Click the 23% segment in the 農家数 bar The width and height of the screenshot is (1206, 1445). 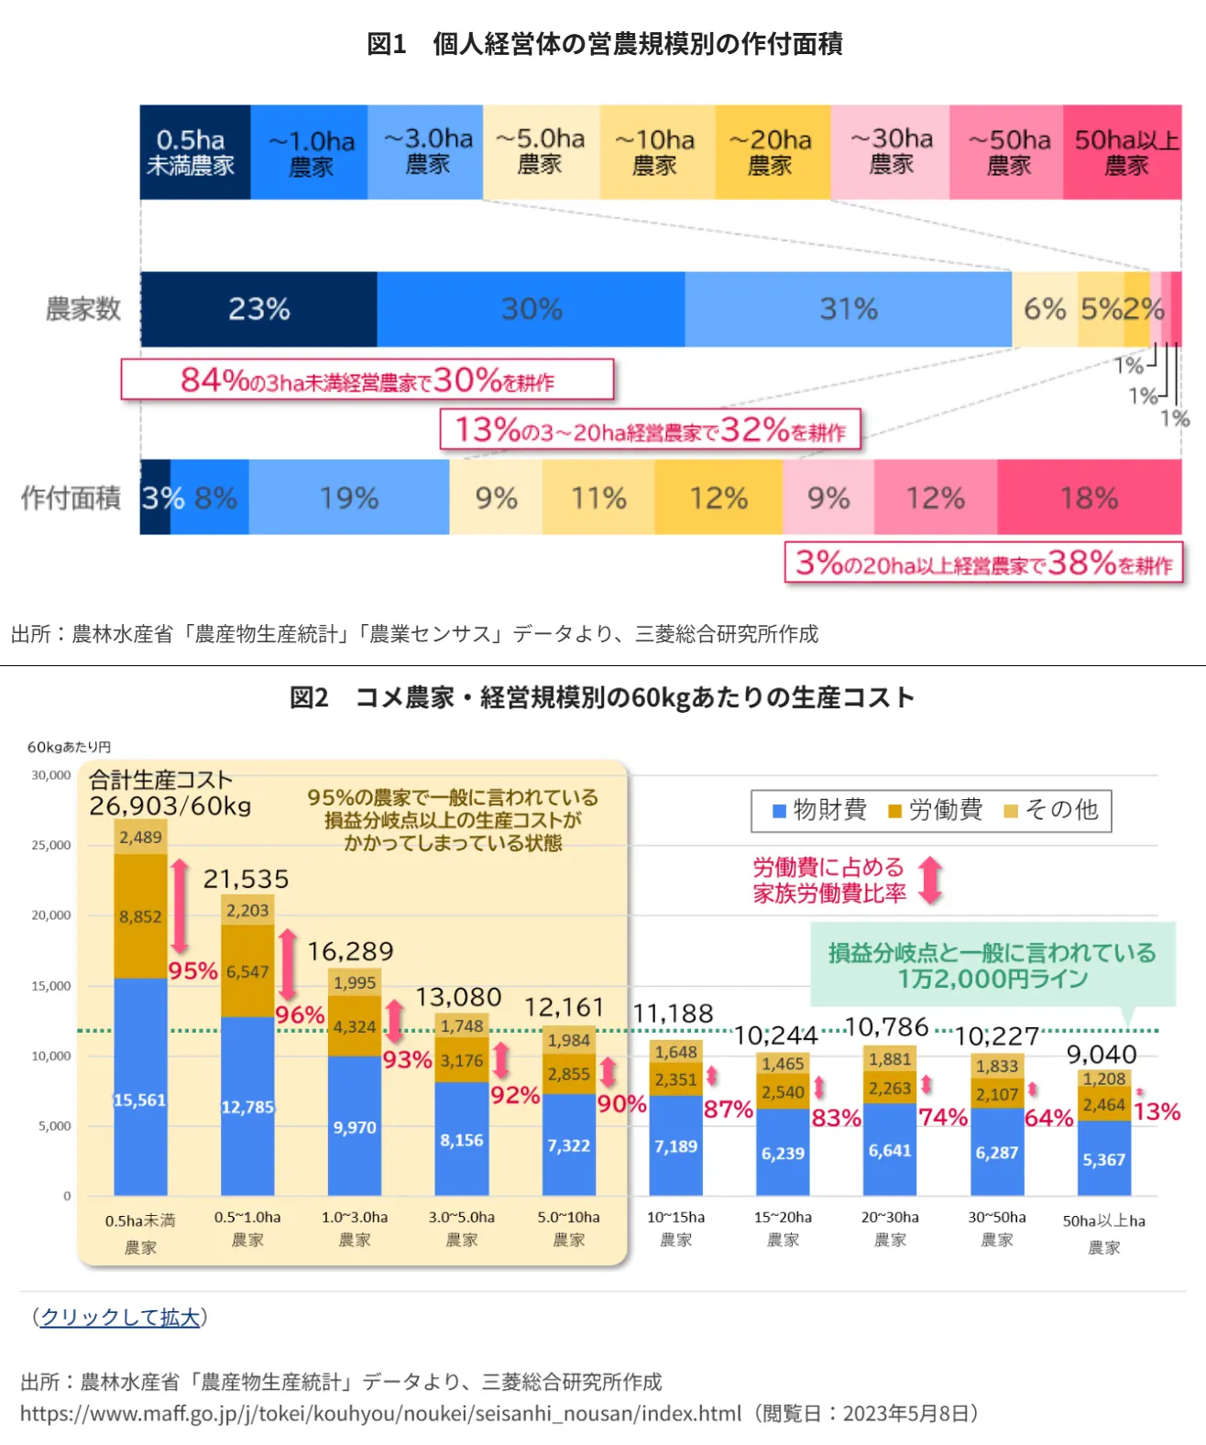(258, 310)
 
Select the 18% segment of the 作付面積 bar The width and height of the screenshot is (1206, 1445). (1089, 498)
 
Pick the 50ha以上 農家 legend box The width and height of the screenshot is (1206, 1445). (1124, 152)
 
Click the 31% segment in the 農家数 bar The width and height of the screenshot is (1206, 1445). (848, 310)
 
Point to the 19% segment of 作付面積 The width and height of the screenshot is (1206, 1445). (348, 498)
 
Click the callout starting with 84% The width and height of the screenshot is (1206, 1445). (367, 379)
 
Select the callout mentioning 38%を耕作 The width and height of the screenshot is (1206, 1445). (983, 563)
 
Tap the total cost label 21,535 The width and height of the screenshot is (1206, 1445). (246, 880)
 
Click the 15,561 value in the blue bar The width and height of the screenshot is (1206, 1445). (139, 1100)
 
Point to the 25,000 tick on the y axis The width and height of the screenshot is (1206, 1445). (51, 845)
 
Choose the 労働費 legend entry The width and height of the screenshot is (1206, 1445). (936, 810)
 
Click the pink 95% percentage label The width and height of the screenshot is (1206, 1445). (193, 970)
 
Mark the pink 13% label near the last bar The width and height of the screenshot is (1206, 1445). (1157, 1111)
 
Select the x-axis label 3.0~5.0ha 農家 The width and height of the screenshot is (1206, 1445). (461, 1228)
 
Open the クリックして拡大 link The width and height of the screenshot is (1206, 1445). (120, 1317)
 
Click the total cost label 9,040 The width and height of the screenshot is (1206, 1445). (1101, 1055)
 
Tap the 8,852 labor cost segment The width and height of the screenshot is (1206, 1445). (139, 916)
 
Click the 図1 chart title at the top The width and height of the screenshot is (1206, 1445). (604, 43)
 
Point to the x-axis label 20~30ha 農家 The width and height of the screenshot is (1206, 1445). (890, 1228)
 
